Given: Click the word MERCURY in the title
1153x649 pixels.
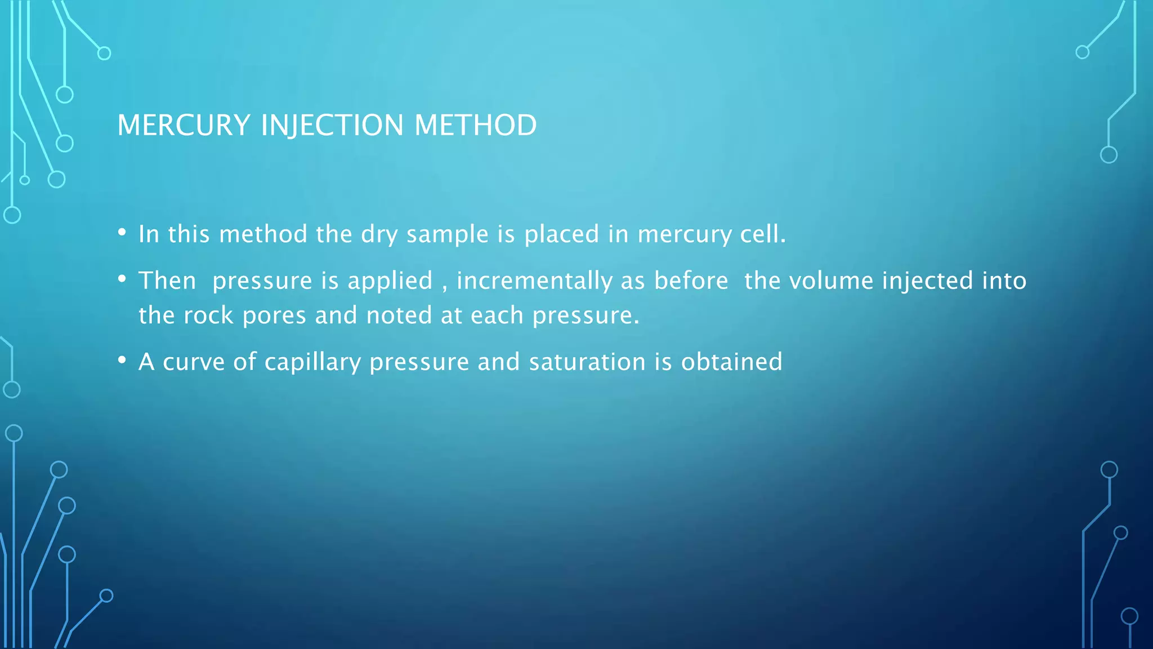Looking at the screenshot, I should click(184, 125).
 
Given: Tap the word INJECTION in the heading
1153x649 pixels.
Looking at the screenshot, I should click(332, 125).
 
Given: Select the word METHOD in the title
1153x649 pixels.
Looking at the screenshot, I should click(475, 125).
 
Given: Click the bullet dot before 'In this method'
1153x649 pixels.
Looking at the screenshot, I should click(122, 232).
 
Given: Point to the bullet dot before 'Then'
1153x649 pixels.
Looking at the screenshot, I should click(122, 278).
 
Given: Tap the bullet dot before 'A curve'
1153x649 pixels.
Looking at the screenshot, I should click(122, 359).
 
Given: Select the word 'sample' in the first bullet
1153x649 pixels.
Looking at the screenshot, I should click(447, 234).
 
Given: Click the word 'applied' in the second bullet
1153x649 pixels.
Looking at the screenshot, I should click(390, 281).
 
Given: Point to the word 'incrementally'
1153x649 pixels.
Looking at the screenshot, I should click(534, 281).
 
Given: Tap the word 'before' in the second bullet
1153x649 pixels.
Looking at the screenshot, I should click(691, 281).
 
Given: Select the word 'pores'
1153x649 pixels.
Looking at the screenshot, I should click(274, 315).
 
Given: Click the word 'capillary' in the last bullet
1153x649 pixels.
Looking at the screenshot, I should click(312, 362).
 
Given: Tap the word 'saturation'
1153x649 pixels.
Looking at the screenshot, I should click(587, 362).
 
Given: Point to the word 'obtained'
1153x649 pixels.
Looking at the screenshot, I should click(731, 362).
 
